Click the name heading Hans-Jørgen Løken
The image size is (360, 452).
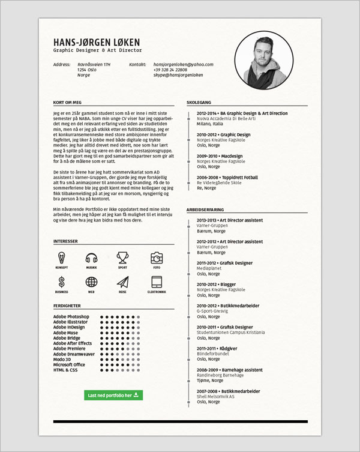point(96,42)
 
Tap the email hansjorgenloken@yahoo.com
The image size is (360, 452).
point(183,64)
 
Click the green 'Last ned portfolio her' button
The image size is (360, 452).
point(113,396)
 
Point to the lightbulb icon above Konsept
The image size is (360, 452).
point(61,258)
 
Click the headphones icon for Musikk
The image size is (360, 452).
point(91,258)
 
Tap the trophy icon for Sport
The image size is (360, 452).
point(123,258)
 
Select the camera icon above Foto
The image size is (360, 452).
point(157,258)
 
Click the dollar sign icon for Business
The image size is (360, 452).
point(61,282)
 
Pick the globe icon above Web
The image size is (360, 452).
point(91,282)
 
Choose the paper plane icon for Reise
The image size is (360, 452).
point(123,282)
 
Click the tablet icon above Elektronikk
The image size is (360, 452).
point(157,282)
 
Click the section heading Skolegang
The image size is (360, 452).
point(199,103)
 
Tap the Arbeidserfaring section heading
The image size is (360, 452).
point(205,209)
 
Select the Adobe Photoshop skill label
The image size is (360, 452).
point(71,316)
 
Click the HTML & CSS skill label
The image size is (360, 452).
point(65,370)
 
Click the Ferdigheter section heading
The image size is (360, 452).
point(67,306)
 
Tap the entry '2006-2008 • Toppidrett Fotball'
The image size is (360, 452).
point(227,178)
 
